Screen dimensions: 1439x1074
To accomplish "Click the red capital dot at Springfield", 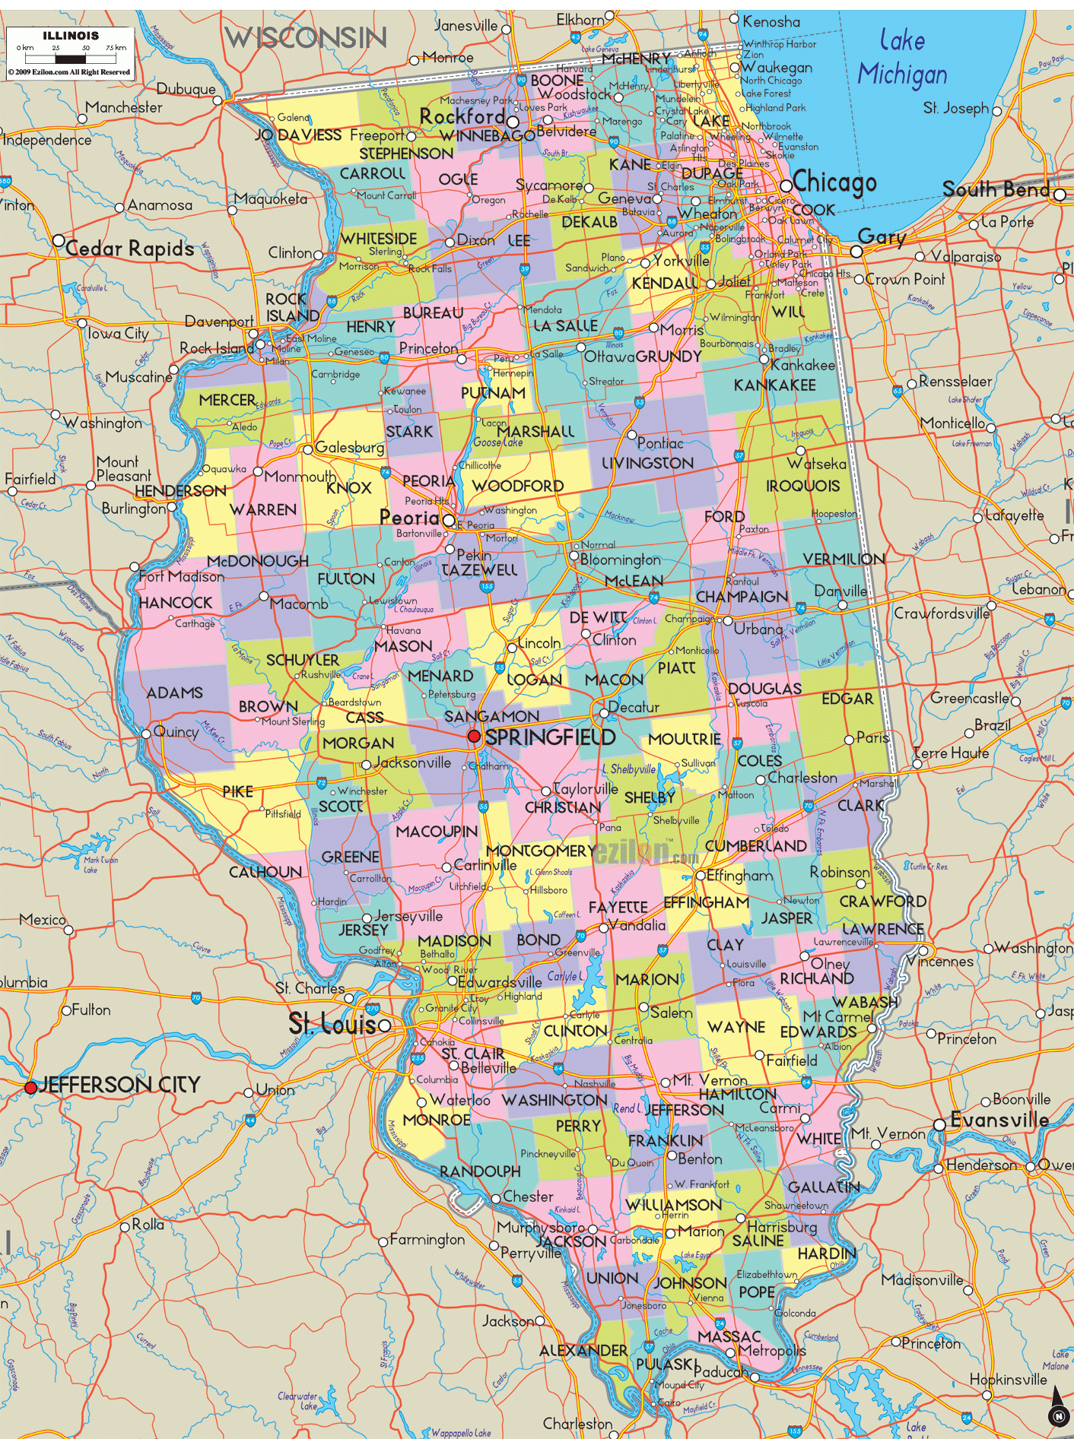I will (474, 736).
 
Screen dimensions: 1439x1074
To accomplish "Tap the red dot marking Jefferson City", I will (30, 1088).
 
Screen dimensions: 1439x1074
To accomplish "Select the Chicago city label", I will (834, 182).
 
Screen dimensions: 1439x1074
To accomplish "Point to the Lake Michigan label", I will (903, 58).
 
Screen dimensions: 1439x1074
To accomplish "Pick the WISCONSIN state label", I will (305, 37).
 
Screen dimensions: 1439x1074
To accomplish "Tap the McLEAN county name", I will (634, 581).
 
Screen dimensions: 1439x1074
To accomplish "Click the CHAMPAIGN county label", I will (742, 597).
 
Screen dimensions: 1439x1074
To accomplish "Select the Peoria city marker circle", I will (449, 521).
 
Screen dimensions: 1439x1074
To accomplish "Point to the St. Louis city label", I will (332, 1025).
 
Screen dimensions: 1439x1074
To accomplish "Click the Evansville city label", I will (999, 1120).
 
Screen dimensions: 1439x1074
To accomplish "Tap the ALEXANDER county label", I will (583, 1350).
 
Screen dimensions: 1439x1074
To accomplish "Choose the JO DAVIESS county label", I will (298, 135).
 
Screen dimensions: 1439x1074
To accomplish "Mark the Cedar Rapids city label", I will (130, 249).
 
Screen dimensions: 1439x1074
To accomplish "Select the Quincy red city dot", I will (145, 734).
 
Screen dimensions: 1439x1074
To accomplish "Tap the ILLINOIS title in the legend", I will (71, 36).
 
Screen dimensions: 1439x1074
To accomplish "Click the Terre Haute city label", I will (952, 753).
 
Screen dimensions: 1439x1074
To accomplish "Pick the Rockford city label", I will (462, 117).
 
